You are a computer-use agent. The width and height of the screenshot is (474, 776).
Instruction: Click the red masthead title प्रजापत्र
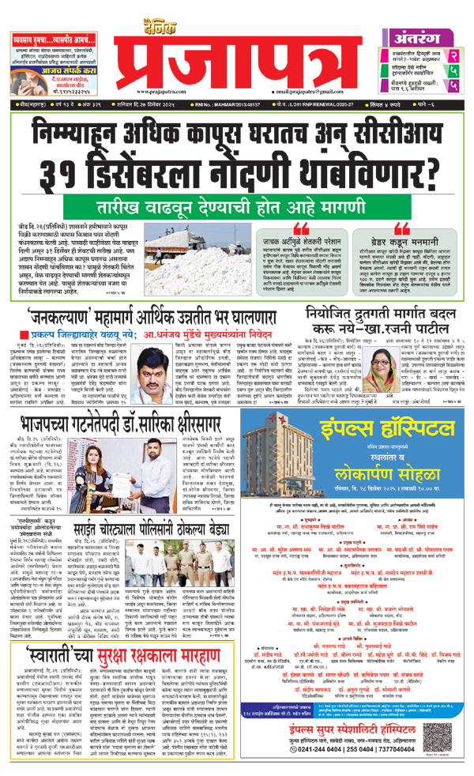click(237, 43)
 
